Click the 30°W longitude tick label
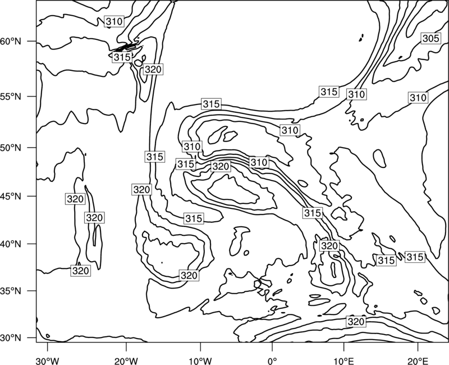48,361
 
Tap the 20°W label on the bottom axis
126,361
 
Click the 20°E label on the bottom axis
418,361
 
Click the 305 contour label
430,38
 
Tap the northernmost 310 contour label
114,21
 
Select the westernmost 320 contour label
75,199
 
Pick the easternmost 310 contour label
418,98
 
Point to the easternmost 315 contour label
415,257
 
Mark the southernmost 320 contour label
356,321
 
